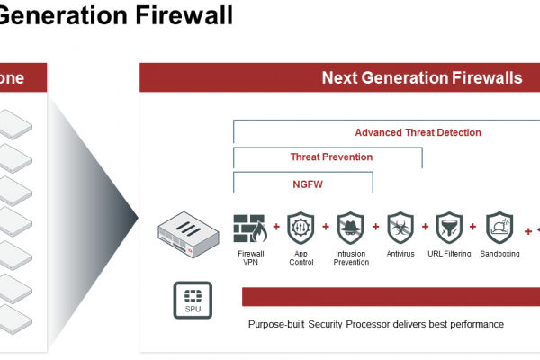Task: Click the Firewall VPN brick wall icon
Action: tap(250, 228)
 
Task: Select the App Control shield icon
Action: tap(301, 228)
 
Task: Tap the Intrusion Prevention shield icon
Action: tap(351, 228)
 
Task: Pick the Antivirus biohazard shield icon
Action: tap(400, 228)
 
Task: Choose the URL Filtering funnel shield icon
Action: tap(449, 228)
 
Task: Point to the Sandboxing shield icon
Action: tap(499, 228)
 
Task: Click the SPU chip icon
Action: tap(193, 300)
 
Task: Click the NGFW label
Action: tap(308, 184)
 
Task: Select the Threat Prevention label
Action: tap(331, 157)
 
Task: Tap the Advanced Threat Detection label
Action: tap(418, 132)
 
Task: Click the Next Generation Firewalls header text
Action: tap(422, 77)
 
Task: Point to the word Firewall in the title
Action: tap(184, 14)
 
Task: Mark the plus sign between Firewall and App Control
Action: tap(276, 227)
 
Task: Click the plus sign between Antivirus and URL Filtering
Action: tap(426, 227)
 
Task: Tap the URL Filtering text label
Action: tap(449, 254)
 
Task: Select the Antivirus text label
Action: tap(400, 254)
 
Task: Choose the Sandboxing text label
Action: tap(499, 254)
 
